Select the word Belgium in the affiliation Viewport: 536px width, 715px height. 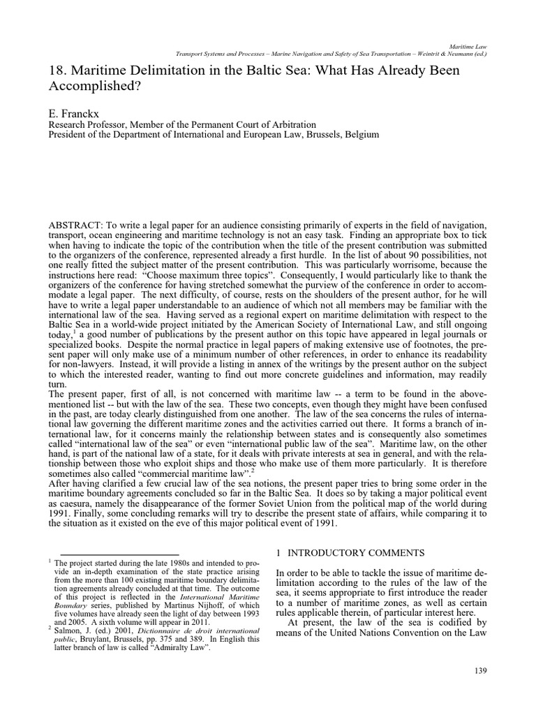coord(360,134)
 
